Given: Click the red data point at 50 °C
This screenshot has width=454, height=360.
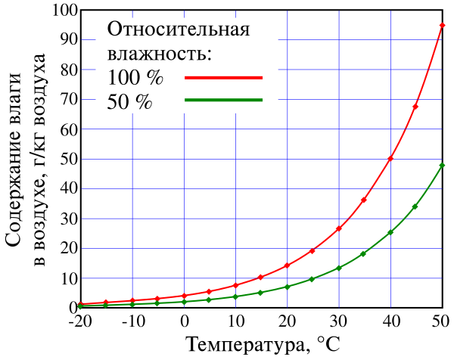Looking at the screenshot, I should [x=443, y=26].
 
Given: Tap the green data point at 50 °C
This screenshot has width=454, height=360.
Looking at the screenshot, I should [x=443, y=165].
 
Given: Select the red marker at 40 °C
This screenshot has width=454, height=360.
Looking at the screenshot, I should [x=390, y=158].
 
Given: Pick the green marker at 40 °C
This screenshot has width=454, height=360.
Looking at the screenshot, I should [x=390, y=232].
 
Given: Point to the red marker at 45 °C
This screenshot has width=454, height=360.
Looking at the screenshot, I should [x=415, y=107].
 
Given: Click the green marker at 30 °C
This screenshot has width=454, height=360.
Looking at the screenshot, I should [x=339, y=268].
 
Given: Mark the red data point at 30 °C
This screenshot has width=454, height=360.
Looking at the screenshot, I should [x=339, y=228].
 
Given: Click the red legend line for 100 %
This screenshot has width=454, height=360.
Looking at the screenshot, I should [x=223, y=77].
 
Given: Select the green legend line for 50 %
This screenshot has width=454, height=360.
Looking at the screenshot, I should [x=223, y=101].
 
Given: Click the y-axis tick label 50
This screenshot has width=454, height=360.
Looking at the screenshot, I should [x=60, y=160].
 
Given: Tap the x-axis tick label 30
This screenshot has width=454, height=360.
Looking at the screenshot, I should [x=339, y=321].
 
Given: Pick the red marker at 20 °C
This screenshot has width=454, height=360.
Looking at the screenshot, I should [x=288, y=265].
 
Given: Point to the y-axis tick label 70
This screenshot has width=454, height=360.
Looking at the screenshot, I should [x=60, y=100].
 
